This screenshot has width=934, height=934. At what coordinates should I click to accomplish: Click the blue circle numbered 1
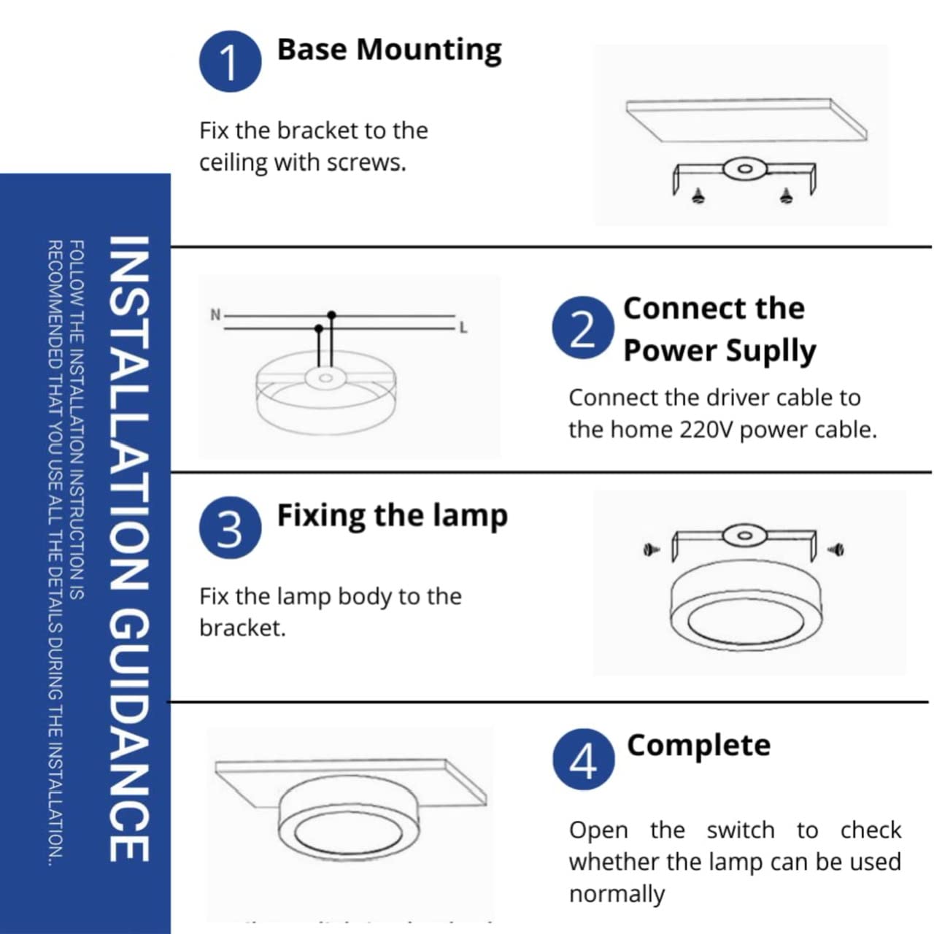(230, 61)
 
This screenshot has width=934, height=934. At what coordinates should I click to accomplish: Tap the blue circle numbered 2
(582, 328)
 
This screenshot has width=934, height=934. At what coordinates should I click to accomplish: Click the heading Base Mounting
(389, 50)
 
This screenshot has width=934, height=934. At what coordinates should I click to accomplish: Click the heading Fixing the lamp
(392, 515)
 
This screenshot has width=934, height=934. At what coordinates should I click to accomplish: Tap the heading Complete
(698, 745)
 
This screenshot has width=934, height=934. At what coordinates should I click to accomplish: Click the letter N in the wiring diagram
(215, 315)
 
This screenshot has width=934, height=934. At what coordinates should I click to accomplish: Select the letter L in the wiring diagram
(463, 328)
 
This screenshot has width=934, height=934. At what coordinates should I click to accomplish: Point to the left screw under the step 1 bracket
(699, 196)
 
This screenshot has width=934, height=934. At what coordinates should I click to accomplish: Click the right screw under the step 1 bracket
(786, 195)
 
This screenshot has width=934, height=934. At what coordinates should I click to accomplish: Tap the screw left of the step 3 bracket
(650, 549)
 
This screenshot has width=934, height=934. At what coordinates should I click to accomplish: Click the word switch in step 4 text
(740, 830)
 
